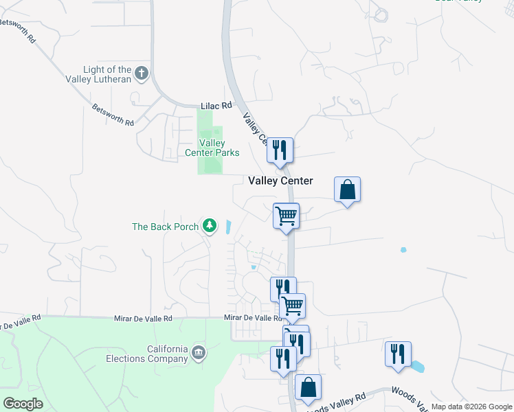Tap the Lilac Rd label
(x=216, y=106)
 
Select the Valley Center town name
(x=280, y=181)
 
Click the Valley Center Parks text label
(x=212, y=148)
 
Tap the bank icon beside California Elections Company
(x=198, y=353)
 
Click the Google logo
(x=23, y=404)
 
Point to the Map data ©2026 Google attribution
(x=471, y=407)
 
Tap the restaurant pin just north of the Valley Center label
(x=280, y=150)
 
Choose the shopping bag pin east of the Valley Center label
(x=348, y=190)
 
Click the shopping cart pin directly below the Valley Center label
(x=286, y=216)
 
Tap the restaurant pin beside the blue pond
(x=398, y=354)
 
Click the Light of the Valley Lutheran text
(x=107, y=74)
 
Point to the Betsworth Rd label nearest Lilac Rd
(x=113, y=115)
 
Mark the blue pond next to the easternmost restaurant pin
(x=416, y=367)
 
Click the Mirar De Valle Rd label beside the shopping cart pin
(x=253, y=318)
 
